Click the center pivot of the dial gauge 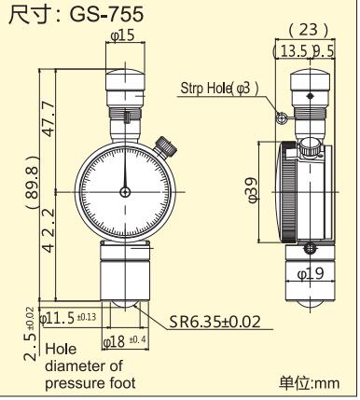tap(125, 192)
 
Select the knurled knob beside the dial tap(167, 145)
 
